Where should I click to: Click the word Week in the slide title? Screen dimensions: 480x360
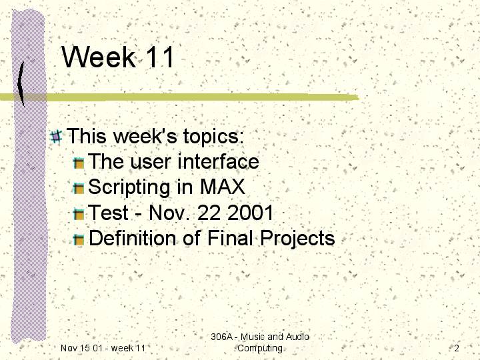(98, 57)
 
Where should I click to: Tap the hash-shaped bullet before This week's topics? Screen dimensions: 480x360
(56, 137)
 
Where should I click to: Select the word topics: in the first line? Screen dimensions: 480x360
(213, 137)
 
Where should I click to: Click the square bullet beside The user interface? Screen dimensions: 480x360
(79, 163)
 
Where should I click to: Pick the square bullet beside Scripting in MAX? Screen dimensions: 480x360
(79, 189)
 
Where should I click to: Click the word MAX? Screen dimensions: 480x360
(223, 187)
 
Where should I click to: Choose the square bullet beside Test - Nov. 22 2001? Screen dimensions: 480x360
(79, 214)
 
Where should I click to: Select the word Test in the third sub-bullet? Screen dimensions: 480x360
(108, 213)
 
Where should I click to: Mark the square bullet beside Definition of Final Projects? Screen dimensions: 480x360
(79, 240)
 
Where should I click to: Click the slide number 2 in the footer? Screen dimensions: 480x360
(457, 348)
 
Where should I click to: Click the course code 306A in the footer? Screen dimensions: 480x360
(221, 337)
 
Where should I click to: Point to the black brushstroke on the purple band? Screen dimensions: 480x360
(21, 84)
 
